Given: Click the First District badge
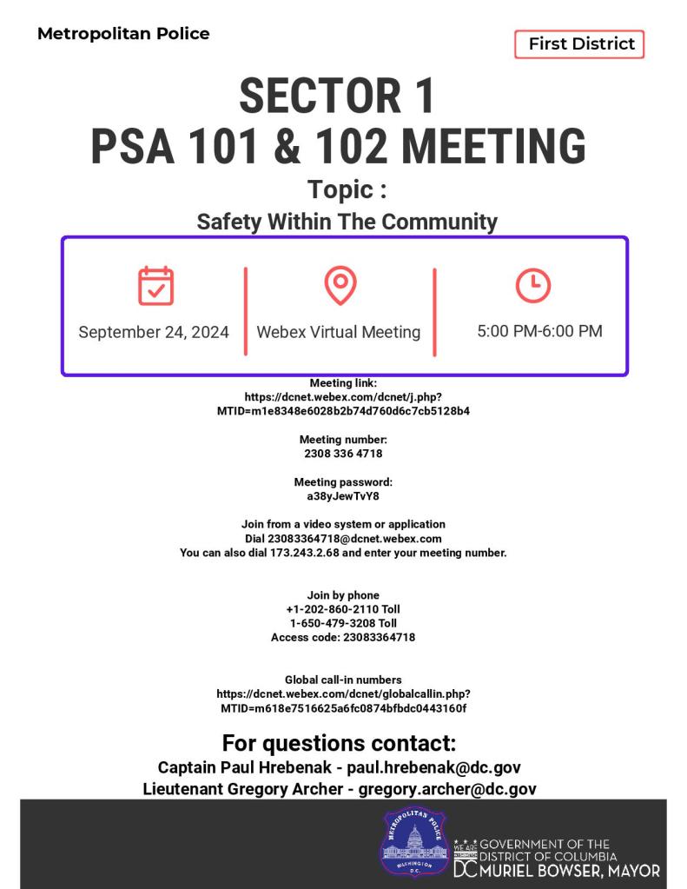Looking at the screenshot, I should tap(580, 44).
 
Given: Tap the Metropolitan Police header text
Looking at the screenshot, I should tap(123, 34).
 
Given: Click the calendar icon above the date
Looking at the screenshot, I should tap(155, 285).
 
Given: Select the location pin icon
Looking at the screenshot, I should tap(340, 285).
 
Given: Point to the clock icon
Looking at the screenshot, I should tap(532, 285).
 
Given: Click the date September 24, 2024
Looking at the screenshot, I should tap(154, 332).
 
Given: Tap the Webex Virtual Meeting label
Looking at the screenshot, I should tap(339, 332).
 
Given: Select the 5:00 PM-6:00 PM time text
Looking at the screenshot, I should tap(539, 331).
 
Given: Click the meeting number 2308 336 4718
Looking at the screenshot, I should tap(343, 454).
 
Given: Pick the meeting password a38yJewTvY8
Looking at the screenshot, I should tap(343, 496).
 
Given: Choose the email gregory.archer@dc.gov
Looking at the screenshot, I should tap(447, 789).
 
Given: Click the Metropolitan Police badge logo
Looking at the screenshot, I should tap(413, 841).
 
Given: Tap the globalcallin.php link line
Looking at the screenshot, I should tap(343, 693).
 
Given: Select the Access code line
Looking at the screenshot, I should tap(343, 637).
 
